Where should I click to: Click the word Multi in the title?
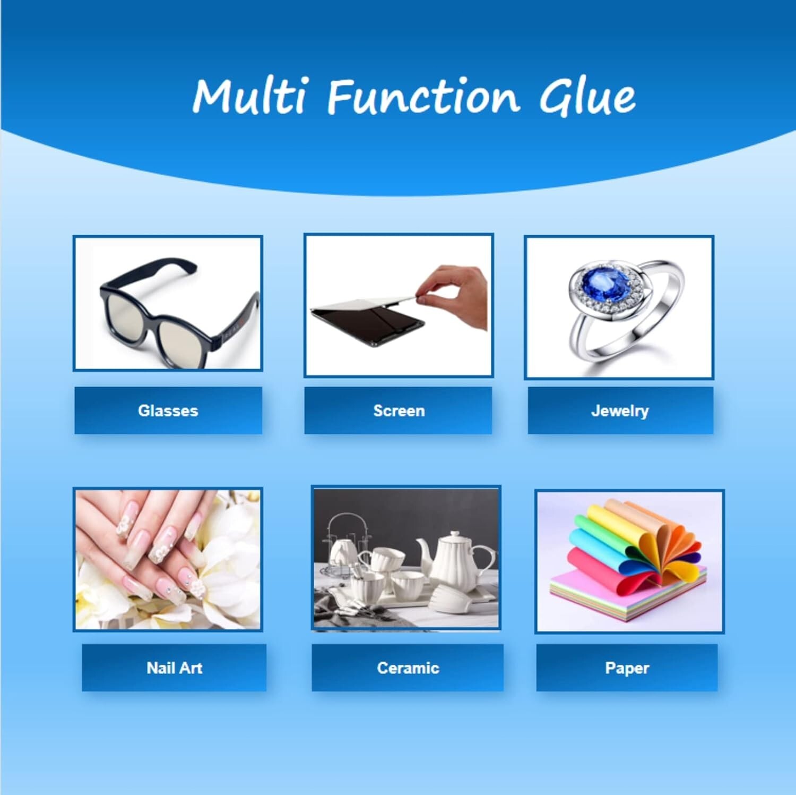249,97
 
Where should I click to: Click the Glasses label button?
168,411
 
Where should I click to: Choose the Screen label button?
399,411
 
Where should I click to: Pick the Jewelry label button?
620,411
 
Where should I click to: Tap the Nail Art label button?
174,668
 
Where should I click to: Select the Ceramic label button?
408,668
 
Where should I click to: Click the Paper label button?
627,668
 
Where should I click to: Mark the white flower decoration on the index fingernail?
125,523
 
